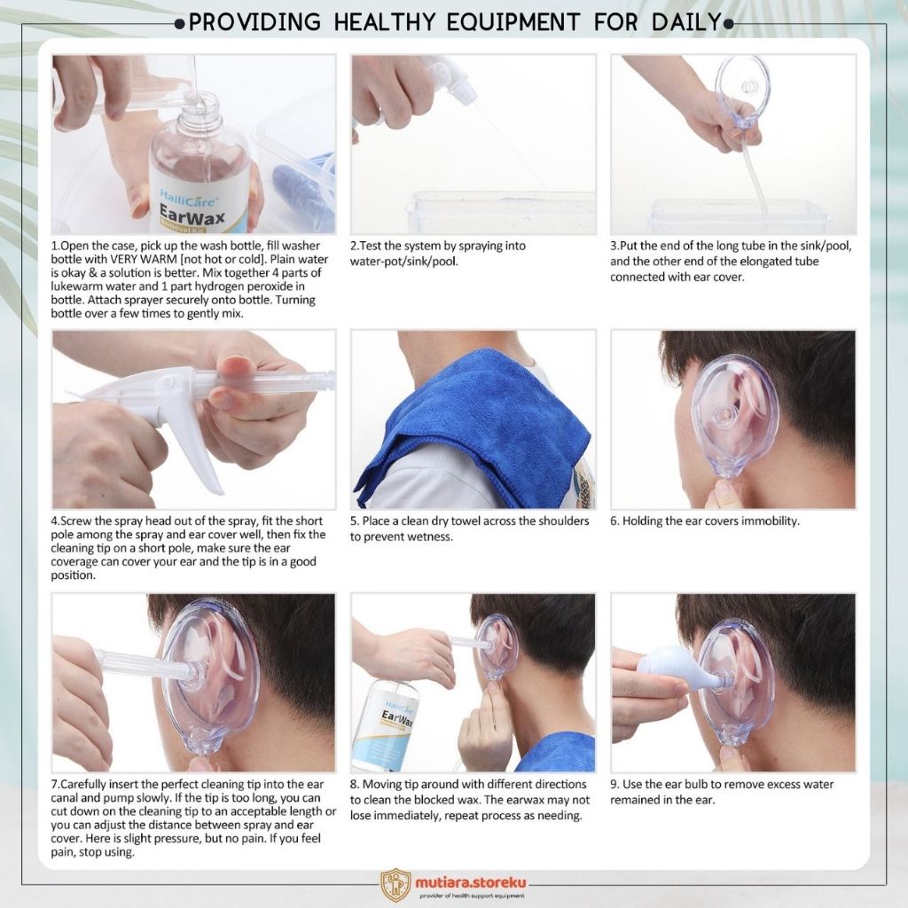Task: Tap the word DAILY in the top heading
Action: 687,22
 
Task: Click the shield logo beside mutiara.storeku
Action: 396,884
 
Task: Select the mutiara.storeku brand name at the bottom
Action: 471,882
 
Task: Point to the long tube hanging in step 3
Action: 756,173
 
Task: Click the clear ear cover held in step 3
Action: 743,91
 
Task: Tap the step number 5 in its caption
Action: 353,521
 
